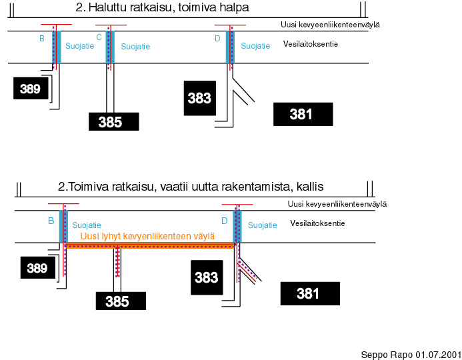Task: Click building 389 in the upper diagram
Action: [31, 89]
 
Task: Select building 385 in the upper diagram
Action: [114, 121]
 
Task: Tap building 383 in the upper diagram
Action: [200, 98]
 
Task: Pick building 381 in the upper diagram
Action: [303, 114]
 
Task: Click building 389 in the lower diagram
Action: [38, 267]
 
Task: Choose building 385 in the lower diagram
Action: [121, 301]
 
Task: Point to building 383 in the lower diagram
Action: [207, 277]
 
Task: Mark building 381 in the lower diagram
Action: [310, 293]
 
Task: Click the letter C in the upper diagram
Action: [99, 37]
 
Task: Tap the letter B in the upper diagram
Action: [42, 39]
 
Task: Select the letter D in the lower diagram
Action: [225, 221]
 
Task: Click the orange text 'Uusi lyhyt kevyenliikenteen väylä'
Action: [147, 236]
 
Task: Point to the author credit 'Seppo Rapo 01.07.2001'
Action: [411, 355]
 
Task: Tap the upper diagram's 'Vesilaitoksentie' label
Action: [311, 44]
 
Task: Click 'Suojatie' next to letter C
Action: [135, 47]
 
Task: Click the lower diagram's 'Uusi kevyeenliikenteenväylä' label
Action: [337, 204]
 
